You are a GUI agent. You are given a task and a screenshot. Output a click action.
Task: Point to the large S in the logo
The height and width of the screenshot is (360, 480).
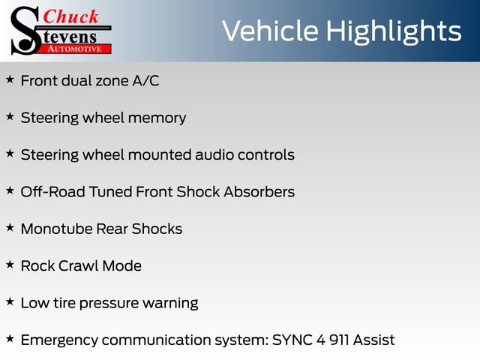click(24, 30)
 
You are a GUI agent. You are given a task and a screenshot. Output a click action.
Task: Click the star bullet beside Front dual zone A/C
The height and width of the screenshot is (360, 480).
click(10, 79)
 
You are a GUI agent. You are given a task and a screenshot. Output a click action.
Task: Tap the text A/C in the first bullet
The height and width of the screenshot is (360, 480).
click(145, 80)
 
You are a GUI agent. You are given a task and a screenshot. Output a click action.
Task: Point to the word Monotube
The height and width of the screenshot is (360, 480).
click(56, 229)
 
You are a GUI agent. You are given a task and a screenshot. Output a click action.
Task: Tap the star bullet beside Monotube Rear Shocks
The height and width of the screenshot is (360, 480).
click(10, 228)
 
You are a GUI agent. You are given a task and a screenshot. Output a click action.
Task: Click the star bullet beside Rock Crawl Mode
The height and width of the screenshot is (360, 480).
click(10, 265)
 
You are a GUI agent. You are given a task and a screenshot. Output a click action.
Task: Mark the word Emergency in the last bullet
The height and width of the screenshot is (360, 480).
click(58, 340)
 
